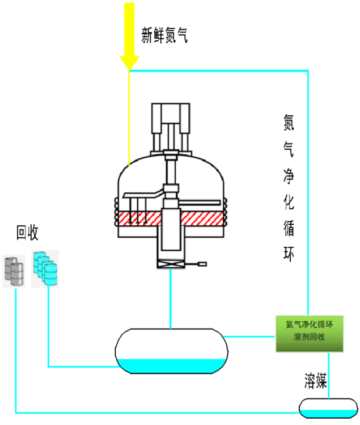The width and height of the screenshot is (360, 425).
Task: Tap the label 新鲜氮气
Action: pos(164,36)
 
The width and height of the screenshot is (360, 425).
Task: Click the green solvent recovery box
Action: pos(309,333)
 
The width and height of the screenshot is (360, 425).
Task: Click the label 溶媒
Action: pos(315,382)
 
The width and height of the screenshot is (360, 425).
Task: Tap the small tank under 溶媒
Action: pos(328,407)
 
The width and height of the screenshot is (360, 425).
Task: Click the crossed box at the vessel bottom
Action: pos(171,263)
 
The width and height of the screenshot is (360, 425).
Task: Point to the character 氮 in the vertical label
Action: pos(289,120)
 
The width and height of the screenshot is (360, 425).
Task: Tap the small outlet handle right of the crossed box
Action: pos(198,263)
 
